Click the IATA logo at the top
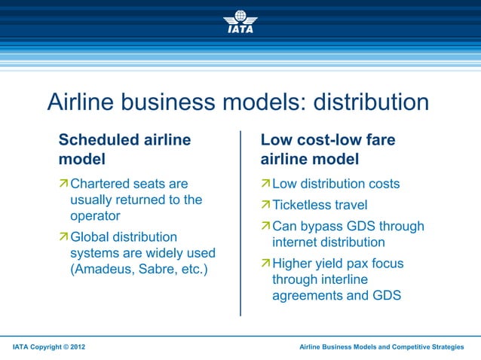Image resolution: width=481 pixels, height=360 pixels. (x=240, y=22)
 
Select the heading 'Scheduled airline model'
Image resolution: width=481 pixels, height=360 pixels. (x=124, y=149)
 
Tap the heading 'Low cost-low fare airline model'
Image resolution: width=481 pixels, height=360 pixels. (x=327, y=149)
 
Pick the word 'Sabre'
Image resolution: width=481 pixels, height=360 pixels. (x=155, y=269)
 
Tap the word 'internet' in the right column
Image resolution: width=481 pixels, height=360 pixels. (x=299, y=243)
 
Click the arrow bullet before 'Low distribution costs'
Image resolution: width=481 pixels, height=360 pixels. (x=265, y=184)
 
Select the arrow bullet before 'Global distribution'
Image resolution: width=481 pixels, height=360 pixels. (x=64, y=237)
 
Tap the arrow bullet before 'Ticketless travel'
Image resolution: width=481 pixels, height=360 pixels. (x=265, y=206)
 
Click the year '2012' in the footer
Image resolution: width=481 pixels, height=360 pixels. (x=83, y=346)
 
